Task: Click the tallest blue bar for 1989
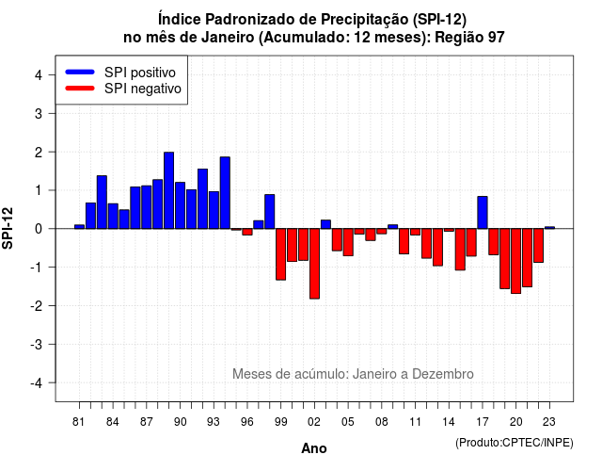coord(169,190)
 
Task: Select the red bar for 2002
coord(314,264)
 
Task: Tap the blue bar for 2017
coord(483,213)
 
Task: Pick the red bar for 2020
coord(516,261)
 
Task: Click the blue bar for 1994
coord(225,192)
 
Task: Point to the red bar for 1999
coord(280,254)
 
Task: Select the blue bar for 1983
coord(102,203)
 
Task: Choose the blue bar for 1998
coord(270,211)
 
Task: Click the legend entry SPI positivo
coord(140,73)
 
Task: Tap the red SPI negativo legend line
coord(80,89)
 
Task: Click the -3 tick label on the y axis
coord(37,345)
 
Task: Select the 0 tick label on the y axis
coord(39,229)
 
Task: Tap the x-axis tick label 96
coord(247,422)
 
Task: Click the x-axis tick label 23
coord(549,422)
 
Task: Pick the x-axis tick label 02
coord(314,422)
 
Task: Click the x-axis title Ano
coord(314,448)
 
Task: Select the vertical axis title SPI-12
coord(8,228)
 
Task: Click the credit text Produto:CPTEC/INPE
coord(515,443)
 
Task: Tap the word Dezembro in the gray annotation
coord(443,374)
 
